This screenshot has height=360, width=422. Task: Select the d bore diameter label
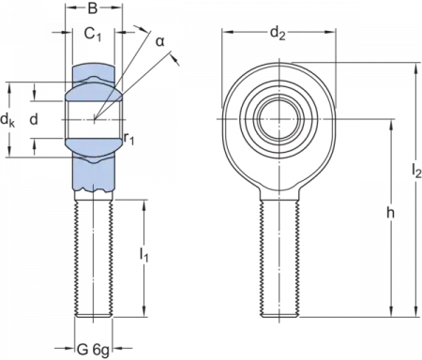coord(35,120)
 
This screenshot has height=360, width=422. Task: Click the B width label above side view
coord(91,7)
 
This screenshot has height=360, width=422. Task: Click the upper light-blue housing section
coord(91,85)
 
